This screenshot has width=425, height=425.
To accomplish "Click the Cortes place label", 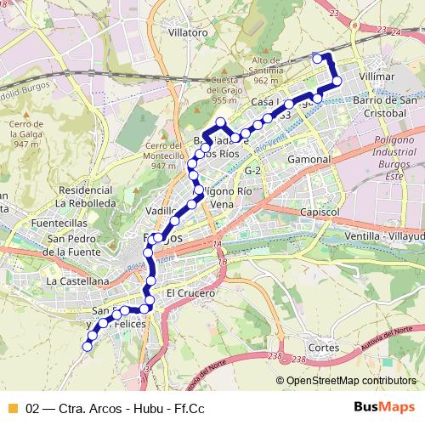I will [x=325, y=348].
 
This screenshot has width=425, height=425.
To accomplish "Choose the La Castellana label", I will [x=77, y=280].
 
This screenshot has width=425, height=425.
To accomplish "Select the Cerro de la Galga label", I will [x=26, y=133].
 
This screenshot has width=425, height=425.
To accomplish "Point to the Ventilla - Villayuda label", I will [x=383, y=235].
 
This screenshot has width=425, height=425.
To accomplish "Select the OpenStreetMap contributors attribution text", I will [x=352, y=380].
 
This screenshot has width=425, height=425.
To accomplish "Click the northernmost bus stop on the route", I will [x=317, y=58].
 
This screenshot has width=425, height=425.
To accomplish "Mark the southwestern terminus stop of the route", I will [x=87, y=345].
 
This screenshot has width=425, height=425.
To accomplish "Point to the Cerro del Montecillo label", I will [x=163, y=155].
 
